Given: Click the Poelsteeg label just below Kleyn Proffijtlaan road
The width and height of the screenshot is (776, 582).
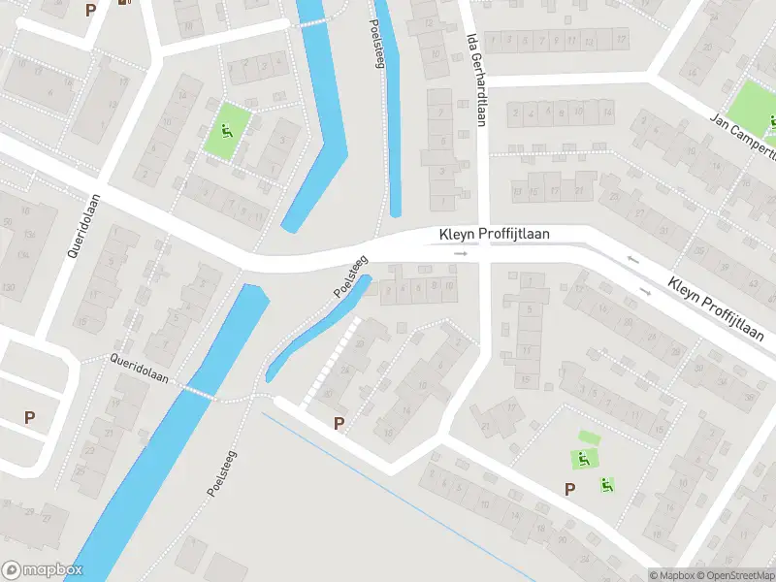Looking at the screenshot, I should pos(351,275).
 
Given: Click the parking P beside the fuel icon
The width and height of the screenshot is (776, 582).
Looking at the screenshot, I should pos(91,10).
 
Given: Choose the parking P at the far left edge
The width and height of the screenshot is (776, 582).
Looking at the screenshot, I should pos(30,417).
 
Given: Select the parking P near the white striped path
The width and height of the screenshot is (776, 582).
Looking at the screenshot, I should pos(339,423).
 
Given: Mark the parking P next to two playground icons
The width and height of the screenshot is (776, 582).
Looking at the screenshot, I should pos(570,490).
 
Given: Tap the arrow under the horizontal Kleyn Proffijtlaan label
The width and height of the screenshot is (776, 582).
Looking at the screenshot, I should pos(460,253).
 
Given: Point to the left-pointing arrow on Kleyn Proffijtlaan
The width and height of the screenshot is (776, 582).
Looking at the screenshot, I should pos(632,259).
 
